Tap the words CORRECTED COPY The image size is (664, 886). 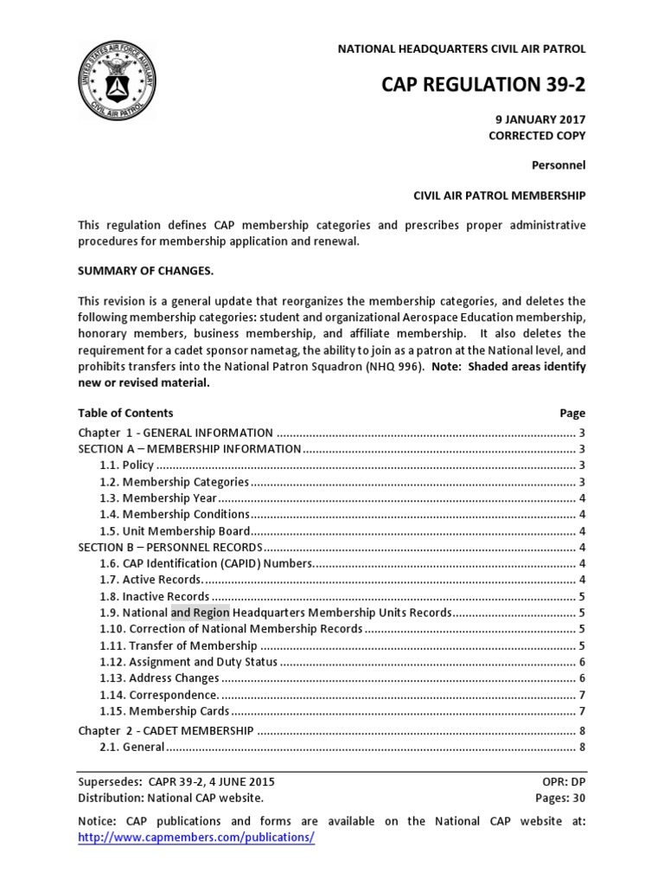[x=537, y=136]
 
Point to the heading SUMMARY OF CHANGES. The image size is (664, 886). [x=145, y=272]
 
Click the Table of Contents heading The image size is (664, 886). [x=125, y=413]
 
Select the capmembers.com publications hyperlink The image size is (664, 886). [x=196, y=838]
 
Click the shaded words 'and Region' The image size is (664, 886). [x=201, y=613]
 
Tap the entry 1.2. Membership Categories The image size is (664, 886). [x=175, y=482]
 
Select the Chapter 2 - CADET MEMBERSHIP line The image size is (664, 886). [x=165, y=731]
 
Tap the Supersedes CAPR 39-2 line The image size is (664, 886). [x=176, y=781]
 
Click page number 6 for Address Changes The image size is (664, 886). [x=583, y=678]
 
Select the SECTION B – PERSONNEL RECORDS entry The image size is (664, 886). [x=169, y=548]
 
